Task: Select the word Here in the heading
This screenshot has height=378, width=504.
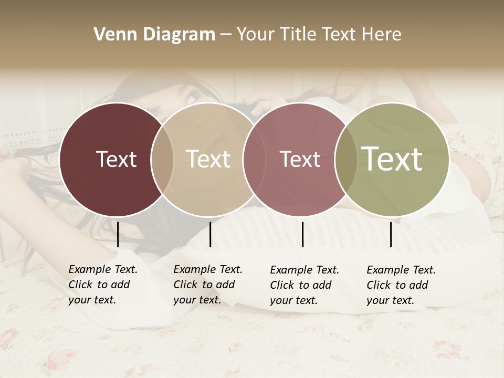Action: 382,35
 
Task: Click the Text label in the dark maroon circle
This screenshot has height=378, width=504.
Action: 116,159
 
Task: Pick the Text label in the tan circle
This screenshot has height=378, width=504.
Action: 208,159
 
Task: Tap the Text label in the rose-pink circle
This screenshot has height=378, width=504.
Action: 300,159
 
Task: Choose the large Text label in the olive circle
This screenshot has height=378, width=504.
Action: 392,159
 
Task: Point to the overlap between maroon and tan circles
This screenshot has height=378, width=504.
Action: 162,159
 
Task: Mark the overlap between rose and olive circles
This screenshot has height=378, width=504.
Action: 346,159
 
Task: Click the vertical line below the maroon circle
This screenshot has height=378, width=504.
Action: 118,234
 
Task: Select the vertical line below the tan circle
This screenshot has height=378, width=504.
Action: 210,234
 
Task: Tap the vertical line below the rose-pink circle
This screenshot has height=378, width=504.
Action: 302,234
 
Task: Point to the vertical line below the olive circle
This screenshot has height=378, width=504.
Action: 391,234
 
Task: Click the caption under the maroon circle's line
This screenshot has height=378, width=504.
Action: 102,285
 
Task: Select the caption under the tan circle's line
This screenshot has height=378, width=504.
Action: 207,285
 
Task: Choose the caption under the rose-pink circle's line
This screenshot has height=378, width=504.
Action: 304,285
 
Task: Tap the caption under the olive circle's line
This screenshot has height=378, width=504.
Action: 401,285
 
